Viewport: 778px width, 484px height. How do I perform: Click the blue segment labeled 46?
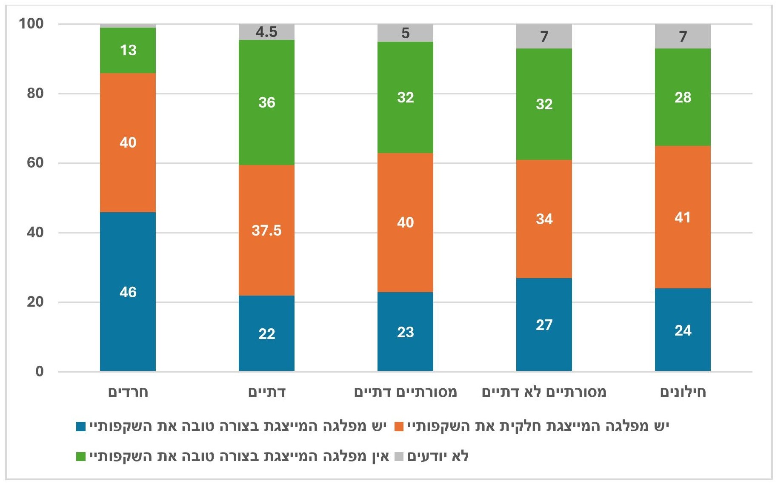(x=128, y=291)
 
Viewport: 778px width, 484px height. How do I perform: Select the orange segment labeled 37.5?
(x=266, y=230)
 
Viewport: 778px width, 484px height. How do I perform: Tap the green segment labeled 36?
(x=266, y=102)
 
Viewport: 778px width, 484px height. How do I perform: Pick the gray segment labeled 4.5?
(x=266, y=32)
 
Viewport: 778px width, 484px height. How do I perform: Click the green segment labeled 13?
(x=128, y=50)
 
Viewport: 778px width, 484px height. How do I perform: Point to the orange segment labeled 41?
(x=683, y=217)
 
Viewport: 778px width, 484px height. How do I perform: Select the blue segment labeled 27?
(x=544, y=325)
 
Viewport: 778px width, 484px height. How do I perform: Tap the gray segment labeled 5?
(x=405, y=33)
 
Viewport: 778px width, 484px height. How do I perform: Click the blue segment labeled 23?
(x=405, y=332)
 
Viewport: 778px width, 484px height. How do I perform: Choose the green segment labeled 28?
(x=683, y=97)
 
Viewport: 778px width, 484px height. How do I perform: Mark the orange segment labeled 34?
(x=544, y=219)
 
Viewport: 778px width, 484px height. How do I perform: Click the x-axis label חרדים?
(x=128, y=392)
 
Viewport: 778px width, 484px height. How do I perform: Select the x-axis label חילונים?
(x=683, y=392)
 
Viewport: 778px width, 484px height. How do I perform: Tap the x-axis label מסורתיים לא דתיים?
(x=544, y=392)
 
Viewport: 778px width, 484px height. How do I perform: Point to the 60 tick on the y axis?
(x=35, y=162)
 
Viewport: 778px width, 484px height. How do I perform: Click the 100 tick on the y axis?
(x=31, y=23)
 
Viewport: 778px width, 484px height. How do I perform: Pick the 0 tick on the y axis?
(x=39, y=371)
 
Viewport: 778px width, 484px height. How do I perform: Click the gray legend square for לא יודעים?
(x=399, y=457)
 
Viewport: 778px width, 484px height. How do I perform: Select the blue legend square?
(x=81, y=427)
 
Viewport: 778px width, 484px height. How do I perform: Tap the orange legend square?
(x=399, y=427)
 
